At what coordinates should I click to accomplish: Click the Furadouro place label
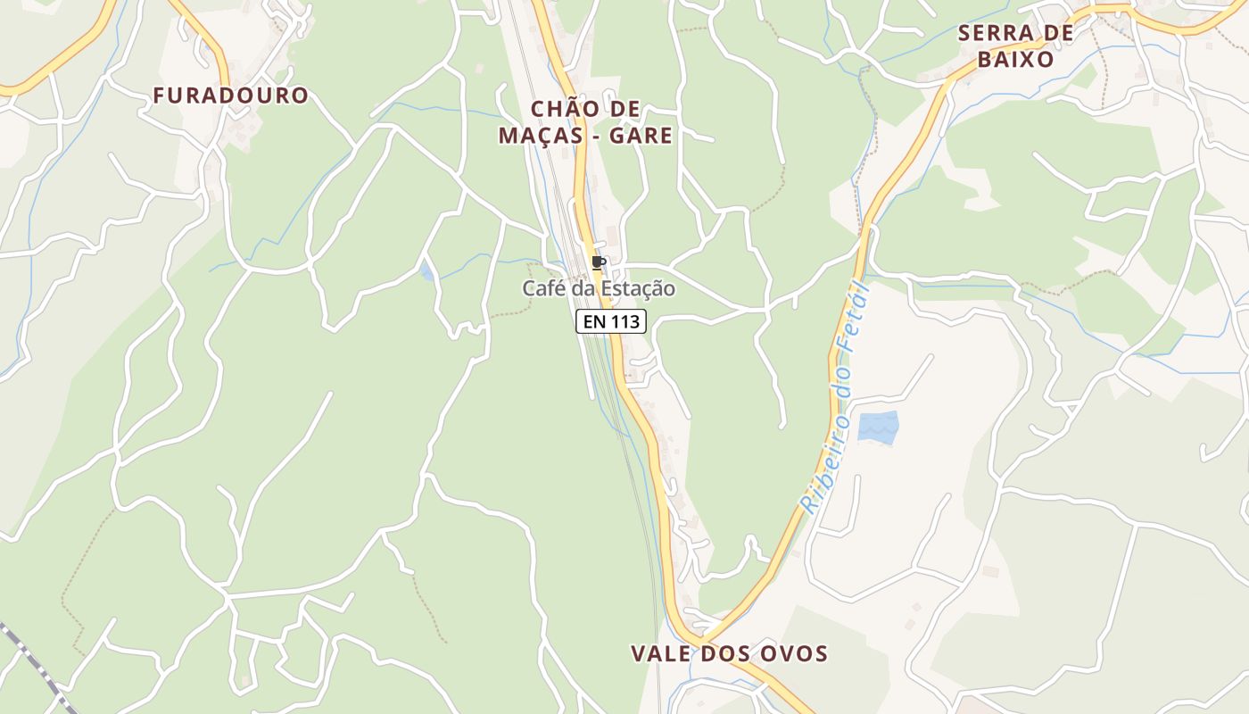230,95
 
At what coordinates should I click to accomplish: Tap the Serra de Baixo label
1015,46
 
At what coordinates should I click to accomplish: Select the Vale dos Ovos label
729,653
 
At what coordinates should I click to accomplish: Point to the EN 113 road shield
611,321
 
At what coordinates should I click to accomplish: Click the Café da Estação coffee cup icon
598,263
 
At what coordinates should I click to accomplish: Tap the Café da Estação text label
598,289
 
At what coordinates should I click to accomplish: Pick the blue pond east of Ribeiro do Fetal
878,427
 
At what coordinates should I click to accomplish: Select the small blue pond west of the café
427,271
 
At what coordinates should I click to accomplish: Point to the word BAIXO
1015,60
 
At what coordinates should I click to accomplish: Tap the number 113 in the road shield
624,321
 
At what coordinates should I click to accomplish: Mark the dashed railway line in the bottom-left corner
31,660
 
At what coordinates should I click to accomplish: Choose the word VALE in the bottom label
661,653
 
